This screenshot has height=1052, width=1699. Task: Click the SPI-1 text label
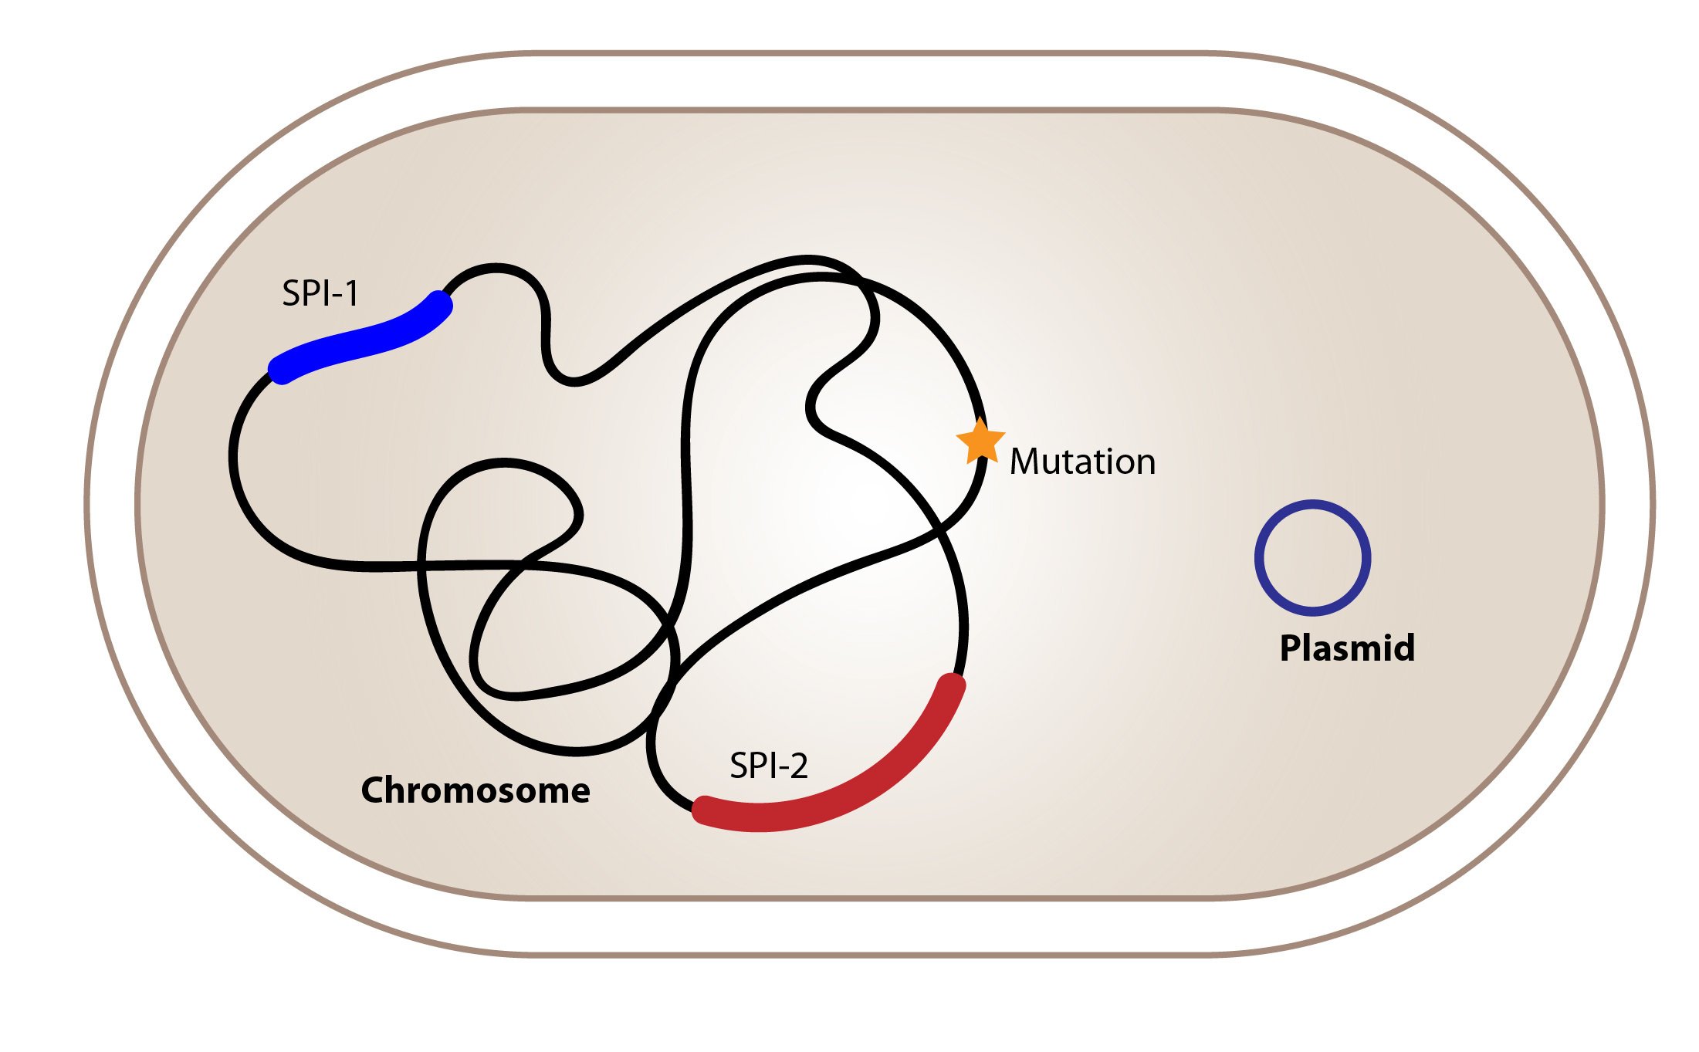320,293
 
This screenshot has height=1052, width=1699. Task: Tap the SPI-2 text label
768,766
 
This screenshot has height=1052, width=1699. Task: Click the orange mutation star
980,441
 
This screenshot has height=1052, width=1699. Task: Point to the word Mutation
1082,462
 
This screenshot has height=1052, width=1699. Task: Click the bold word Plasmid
1347,648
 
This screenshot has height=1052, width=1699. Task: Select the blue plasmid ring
1312,504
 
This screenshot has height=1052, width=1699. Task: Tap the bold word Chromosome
476,790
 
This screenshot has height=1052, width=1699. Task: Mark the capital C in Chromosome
374,790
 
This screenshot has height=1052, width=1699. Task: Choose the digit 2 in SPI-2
798,766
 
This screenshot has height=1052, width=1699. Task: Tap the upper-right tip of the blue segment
441,303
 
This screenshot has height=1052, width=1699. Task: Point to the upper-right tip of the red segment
952,685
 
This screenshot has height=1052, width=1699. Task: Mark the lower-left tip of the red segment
702,810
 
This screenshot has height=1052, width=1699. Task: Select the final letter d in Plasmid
1404,648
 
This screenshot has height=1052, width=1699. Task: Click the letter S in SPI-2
740,766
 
